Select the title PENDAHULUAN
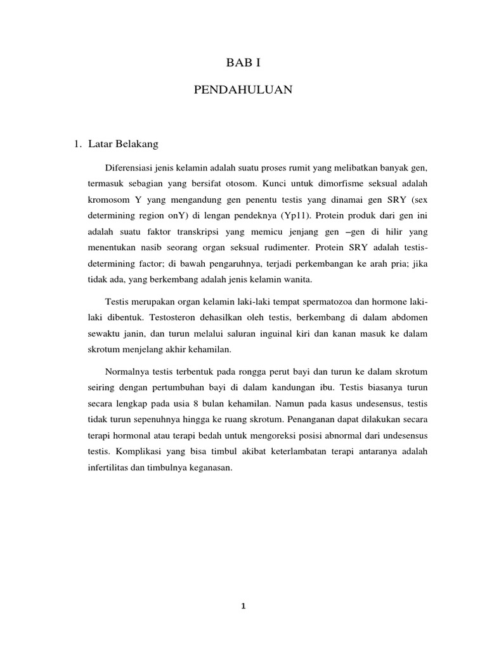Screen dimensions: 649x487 (x=243, y=91)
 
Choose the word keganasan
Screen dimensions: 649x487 (x=210, y=468)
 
